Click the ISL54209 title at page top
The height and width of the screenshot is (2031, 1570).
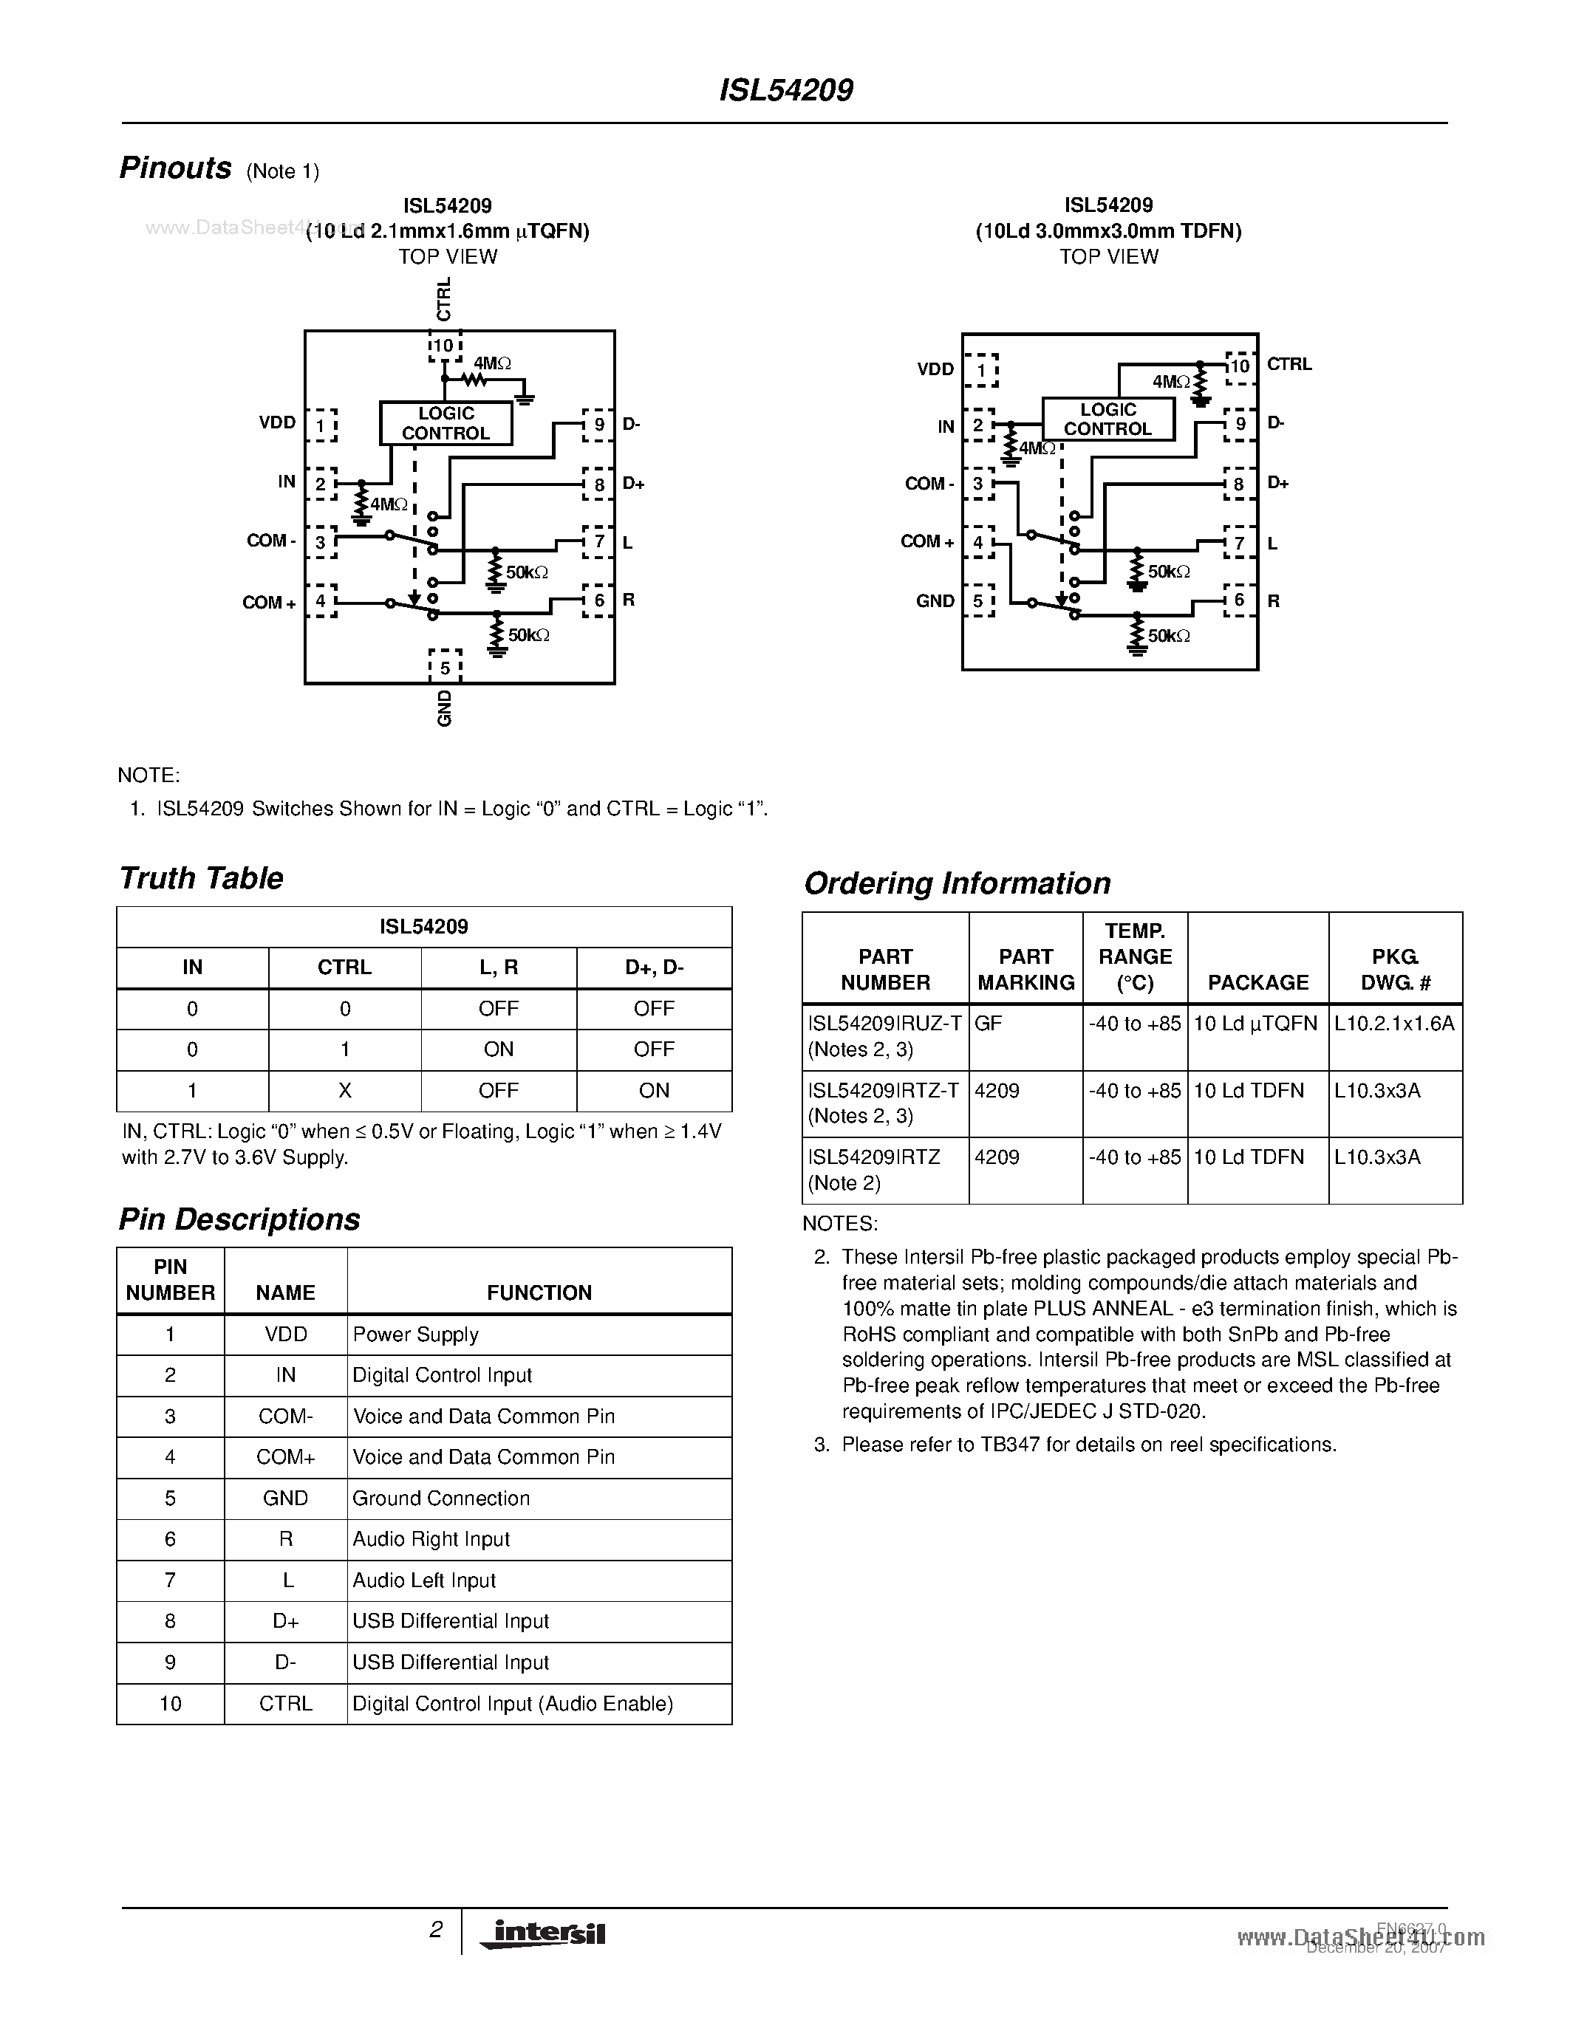tap(786, 90)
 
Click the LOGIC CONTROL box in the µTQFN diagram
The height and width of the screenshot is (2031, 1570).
tap(446, 423)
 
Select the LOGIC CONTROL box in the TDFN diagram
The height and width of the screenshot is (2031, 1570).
tap(1107, 419)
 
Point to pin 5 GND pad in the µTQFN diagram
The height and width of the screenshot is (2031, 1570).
tap(446, 668)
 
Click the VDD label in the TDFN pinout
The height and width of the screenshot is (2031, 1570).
tap(935, 369)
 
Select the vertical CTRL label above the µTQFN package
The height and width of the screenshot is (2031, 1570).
tap(443, 298)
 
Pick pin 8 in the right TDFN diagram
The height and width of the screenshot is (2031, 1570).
tap(1238, 484)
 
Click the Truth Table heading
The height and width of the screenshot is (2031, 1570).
tap(201, 878)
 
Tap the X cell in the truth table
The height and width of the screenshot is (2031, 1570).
tap(344, 1091)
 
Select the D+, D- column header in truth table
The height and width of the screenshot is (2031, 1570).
tap(654, 967)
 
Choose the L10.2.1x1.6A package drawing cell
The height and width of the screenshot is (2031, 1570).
tap(1393, 1024)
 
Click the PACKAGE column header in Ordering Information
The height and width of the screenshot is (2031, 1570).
tap(1257, 982)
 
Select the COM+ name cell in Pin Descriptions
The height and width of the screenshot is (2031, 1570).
tap(285, 1457)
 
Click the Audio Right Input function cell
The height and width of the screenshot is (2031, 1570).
tap(431, 1539)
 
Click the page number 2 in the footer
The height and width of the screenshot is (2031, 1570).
tap(435, 1930)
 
